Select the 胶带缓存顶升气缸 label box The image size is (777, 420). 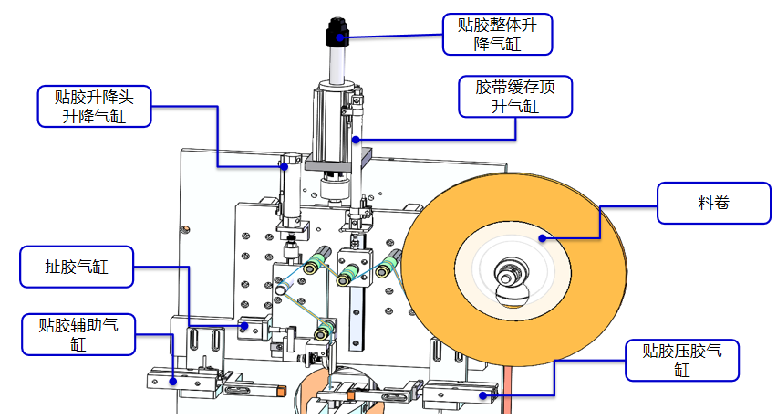(515, 97)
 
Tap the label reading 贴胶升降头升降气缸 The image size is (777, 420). (92, 106)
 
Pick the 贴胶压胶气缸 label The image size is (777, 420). (682, 360)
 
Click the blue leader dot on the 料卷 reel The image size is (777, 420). (542, 238)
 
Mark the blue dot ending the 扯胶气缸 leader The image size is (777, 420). (244, 325)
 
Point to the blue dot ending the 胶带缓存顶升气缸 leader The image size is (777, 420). (356, 140)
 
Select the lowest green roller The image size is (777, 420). (324, 331)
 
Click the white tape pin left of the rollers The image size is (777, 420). (281, 290)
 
